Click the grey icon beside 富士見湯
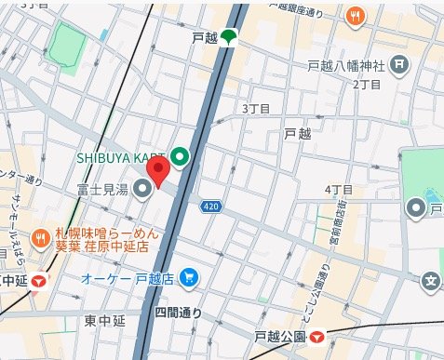coord(142,191)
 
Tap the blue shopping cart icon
coord(190,277)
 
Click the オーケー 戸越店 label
coord(134,278)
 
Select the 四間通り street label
coord(178,313)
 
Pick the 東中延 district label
coord(104,321)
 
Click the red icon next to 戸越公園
coord(317,337)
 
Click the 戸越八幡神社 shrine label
coord(346,65)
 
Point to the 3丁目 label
coord(256,109)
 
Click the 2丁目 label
coord(369,85)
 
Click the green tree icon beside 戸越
coord(228,38)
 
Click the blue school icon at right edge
coord(430,279)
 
